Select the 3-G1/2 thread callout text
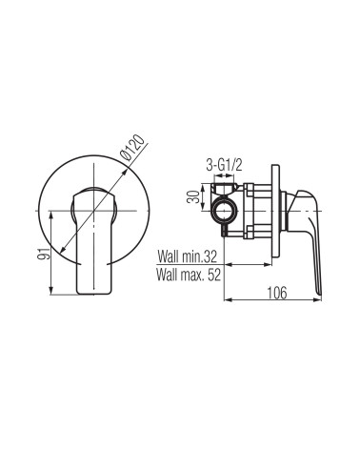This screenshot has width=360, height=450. tap(224, 165)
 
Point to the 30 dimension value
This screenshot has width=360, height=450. tap(192, 197)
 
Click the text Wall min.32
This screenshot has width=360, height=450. tap(188, 256)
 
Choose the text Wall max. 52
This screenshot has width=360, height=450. tap(189, 275)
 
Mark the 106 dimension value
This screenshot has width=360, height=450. tap(276, 293)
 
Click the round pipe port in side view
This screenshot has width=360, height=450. tap(224, 211)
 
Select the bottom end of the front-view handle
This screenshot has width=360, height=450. tap(94, 293)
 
